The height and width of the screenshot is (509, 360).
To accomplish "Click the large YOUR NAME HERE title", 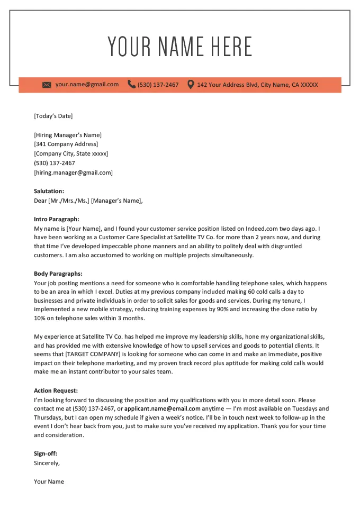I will click(x=180, y=47).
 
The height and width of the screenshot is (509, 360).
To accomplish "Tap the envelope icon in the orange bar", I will click(x=47, y=85).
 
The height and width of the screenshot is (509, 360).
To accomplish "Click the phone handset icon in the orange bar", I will click(x=131, y=84).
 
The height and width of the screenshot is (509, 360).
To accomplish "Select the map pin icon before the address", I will click(x=191, y=84).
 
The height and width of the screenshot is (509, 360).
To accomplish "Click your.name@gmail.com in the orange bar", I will click(x=87, y=84).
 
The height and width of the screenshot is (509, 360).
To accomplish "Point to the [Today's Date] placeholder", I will click(x=53, y=116).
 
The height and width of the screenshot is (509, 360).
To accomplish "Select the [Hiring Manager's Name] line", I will click(x=68, y=135).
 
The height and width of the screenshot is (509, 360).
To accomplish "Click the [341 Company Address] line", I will click(x=66, y=144).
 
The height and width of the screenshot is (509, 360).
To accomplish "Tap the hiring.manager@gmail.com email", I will click(x=73, y=172).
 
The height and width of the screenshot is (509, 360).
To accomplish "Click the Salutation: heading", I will click(x=49, y=191).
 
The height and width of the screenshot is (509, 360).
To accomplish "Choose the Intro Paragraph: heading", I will click(x=56, y=219).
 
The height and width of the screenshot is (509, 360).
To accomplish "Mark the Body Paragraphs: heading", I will click(x=58, y=274).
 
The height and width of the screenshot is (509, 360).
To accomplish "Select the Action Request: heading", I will click(x=56, y=390).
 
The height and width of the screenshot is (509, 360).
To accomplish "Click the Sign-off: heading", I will click(x=46, y=453).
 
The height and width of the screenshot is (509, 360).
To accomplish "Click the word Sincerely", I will click(x=47, y=463).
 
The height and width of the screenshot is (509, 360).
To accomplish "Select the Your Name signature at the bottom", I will click(x=49, y=481).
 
